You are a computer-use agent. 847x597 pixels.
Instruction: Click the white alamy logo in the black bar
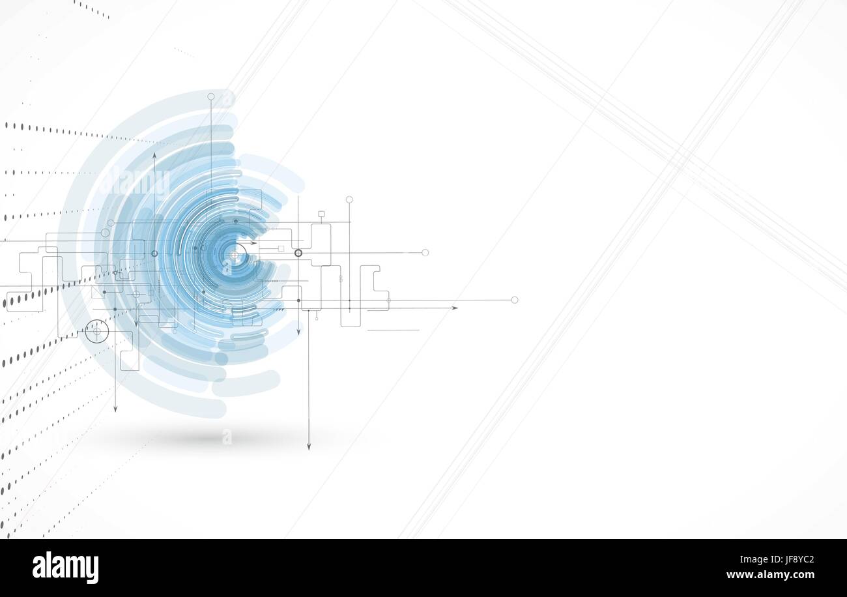[x=65, y=567]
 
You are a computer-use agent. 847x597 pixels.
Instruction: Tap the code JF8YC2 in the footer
[x=798, y=560]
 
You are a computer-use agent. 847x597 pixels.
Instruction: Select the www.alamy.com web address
[x=770, y=575]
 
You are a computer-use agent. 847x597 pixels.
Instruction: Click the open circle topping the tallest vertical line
[x=211, y=96]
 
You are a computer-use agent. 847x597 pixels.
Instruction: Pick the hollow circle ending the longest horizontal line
[x=515, y=300]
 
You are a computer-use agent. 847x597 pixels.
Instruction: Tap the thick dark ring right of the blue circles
[x=298, y=253]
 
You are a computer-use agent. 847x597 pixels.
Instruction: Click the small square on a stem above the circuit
[x=321, y=214]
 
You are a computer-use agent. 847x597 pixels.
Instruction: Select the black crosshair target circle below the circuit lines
[x=97, y=332]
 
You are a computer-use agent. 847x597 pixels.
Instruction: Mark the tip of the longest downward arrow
[x=309, y=450]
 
